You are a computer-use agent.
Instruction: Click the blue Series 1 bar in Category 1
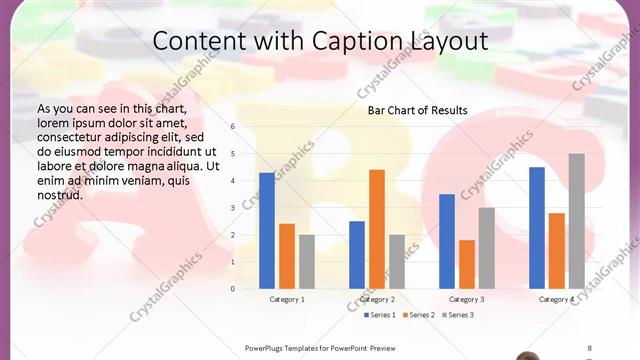[267, 231]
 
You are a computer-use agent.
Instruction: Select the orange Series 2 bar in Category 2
[376, 229]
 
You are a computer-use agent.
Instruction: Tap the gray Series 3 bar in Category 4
[576, 221]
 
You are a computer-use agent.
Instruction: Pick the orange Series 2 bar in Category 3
[466, 264]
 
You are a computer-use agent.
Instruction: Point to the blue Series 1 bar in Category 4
[537, 228]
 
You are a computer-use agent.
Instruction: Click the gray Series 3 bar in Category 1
[306, 262]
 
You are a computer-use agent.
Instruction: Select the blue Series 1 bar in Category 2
[357, 255]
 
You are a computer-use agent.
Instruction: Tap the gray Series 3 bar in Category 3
[486, 248]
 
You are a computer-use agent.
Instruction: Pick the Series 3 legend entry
[457, 315]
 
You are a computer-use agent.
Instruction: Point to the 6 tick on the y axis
[233, 127]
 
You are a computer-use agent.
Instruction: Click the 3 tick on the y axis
[233, 208]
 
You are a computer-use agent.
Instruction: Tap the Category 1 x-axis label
[287, 299]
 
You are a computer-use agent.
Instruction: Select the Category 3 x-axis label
[467, 299]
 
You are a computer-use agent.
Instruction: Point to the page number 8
[589, 348]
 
